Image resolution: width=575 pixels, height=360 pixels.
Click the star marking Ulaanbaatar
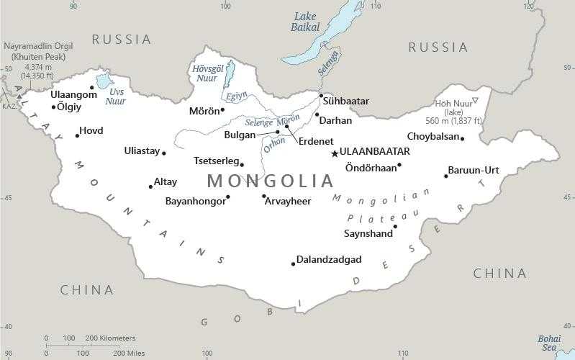(x=334, y=153)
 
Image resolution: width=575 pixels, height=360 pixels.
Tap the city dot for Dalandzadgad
(x=293, y=264)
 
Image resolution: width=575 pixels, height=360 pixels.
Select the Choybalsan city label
(x=432, y=136)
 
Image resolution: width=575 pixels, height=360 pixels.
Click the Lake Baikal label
(x=304, y=22)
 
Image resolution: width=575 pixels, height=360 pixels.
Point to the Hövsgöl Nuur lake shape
(x=229, y=73)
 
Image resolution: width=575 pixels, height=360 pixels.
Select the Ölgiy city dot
(x=54, y=107)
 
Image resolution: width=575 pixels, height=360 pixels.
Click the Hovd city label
(x=91, y=131)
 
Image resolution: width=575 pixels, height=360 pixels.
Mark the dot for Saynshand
(x=395, y=227)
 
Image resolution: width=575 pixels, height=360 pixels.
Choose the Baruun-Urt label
(x=473, y=171)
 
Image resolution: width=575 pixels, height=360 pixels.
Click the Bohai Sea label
(x=551, y=343)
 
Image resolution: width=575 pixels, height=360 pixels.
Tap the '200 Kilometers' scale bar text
(x=110, y=338)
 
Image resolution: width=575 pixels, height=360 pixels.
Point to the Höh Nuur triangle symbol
(x=474, y=100)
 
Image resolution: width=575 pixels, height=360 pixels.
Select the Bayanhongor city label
(x=195, y=202)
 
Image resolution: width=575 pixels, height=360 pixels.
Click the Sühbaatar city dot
(x=321, y=95)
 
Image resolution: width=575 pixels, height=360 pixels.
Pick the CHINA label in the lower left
(x=86, y=290)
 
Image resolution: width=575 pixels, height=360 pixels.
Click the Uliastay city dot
(x=164, y=153)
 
